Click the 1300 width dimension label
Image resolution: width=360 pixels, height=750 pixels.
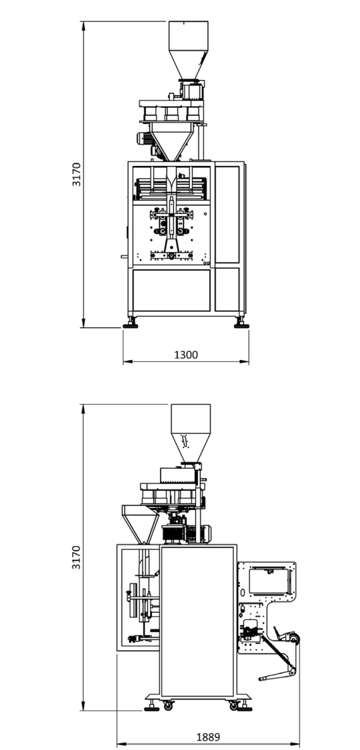coord(186,355)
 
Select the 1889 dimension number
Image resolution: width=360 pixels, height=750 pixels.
coord(209,737)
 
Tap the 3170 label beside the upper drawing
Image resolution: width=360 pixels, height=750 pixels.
coord(77,175)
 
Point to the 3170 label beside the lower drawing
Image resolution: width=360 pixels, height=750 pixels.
coord(77,557)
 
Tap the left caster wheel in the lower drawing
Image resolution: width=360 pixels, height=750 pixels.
coord(168,705)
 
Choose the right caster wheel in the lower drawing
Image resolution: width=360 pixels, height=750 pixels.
coord(234,705)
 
